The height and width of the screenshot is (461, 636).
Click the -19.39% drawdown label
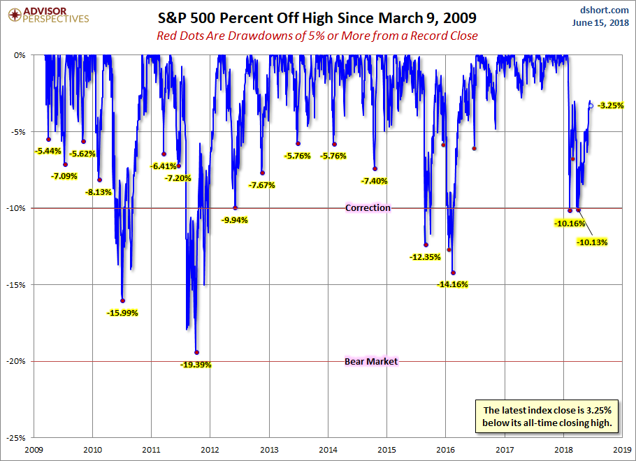pos(196,365)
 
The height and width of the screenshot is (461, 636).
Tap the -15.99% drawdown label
pos(122,313)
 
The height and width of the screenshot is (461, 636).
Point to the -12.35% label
pos(424,257)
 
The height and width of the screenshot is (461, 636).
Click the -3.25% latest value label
pos(610,106)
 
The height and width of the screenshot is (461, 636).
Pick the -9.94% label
pos(234,219)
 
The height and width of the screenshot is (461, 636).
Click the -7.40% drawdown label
pos(374,181)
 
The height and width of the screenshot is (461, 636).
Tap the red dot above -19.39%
pos(196,353)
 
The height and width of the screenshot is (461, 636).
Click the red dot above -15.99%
pos(122,301)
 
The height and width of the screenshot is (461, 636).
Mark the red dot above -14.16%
pos(453,273)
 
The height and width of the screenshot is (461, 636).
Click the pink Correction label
pos(368,208)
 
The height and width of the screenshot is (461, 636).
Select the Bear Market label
pos(371,362)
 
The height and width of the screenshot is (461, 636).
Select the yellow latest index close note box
pos(548,416)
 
